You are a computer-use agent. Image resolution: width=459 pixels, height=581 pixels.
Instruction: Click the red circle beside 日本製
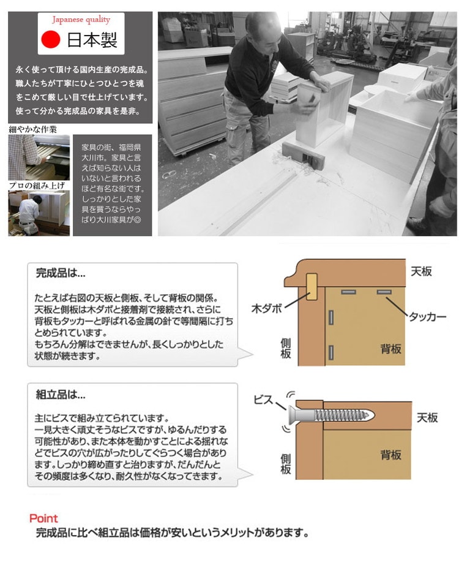click(x=51, y=40)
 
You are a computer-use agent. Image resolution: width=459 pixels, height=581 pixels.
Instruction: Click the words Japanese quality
click(x=81, y=19)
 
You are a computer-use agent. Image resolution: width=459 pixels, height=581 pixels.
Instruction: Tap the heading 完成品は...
click(x=61, y=273)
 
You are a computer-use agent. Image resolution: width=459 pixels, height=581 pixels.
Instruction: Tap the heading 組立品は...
click(x=61, y=394)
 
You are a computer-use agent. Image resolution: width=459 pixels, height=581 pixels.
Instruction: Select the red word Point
click(x=43, y=518)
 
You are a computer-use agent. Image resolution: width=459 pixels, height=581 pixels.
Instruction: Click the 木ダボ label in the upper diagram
click(x=267, y=308)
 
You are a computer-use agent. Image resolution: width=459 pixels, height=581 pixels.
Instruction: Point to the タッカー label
click(x=428, y=316)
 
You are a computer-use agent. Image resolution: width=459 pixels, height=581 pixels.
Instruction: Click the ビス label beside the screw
click(x=263, y=400)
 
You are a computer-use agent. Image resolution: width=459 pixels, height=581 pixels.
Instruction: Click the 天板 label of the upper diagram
click(x=421, y=272)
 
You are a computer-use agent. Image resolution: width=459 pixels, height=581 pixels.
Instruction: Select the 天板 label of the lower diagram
click(x=427, y=417)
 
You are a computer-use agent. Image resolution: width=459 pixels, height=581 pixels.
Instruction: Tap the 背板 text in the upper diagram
click(x=391, y=349)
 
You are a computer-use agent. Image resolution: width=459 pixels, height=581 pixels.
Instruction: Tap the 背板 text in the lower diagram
click(x=391, y=455)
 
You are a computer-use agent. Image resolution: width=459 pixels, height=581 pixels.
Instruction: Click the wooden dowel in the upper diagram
click(x=312, y=286)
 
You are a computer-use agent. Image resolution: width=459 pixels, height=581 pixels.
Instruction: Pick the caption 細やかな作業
click(x=33, y=129)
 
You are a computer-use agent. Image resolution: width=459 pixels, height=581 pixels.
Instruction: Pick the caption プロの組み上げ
click(x=37, y=186)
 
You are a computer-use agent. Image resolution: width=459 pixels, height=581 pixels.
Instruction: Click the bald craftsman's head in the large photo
click(x=263, y=31)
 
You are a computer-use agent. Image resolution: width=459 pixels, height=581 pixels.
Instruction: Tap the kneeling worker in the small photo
click(x=29, y=216)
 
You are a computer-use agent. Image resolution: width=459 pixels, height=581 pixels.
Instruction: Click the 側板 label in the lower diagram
click(x=286, y=465)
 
